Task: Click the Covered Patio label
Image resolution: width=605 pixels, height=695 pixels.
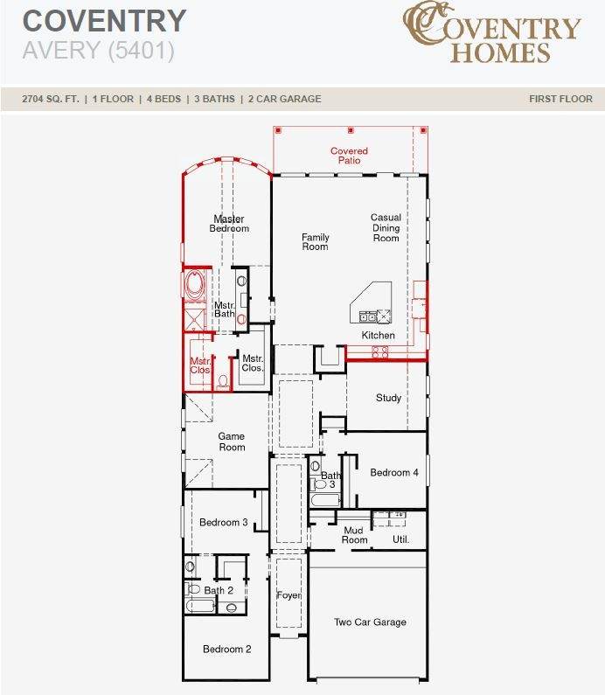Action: (349, 156)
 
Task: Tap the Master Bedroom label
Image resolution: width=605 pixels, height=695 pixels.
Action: (229, 224)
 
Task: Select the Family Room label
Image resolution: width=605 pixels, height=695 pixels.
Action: (315, 241)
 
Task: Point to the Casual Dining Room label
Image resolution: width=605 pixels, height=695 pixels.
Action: (386, 227)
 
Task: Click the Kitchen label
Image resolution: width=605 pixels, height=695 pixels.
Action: (378, 335)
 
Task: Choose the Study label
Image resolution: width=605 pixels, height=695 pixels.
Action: (388, 398)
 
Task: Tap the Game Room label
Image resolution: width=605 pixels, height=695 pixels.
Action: (232, 441)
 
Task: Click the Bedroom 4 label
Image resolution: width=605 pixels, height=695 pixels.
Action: (394, 472)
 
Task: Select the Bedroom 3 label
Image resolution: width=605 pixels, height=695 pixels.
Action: (224, 522)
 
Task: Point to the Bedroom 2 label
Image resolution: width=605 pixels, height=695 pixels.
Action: (227, 649)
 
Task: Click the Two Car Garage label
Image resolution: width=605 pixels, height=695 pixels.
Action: (370, 622)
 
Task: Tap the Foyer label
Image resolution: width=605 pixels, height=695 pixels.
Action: (289, 595)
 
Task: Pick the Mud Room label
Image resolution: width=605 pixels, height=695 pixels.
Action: (354, 535)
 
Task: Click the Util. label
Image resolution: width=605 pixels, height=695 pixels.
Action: (400, 539)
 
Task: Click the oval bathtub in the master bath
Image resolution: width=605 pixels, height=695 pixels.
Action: (195, 284)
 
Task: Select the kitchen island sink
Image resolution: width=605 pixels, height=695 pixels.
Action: (367, 316)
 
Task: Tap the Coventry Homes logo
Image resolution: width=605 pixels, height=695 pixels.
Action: (491, 32)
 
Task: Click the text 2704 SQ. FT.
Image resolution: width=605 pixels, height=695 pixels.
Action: (51, 99)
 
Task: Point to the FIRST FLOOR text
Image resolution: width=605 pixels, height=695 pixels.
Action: (560, 99)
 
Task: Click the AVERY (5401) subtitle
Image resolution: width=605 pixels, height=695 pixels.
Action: (99, 50)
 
